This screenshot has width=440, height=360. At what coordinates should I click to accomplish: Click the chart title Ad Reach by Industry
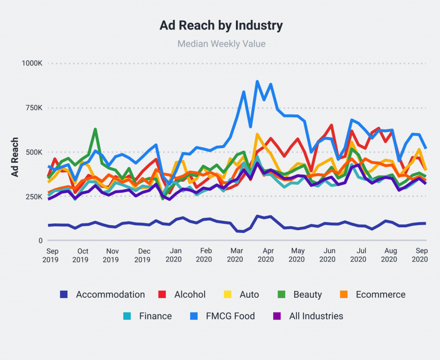tap(221, 26)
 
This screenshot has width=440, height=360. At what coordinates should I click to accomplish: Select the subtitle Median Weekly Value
tap(221, 44)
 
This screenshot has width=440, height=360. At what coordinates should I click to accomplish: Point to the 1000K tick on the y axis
tap(32, 63)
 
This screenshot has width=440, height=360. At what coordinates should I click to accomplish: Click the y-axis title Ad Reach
tap(15, 157)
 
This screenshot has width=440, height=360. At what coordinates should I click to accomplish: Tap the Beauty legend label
tap(308, 295)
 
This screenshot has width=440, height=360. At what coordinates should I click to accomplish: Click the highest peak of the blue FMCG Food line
tap(257, 81)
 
